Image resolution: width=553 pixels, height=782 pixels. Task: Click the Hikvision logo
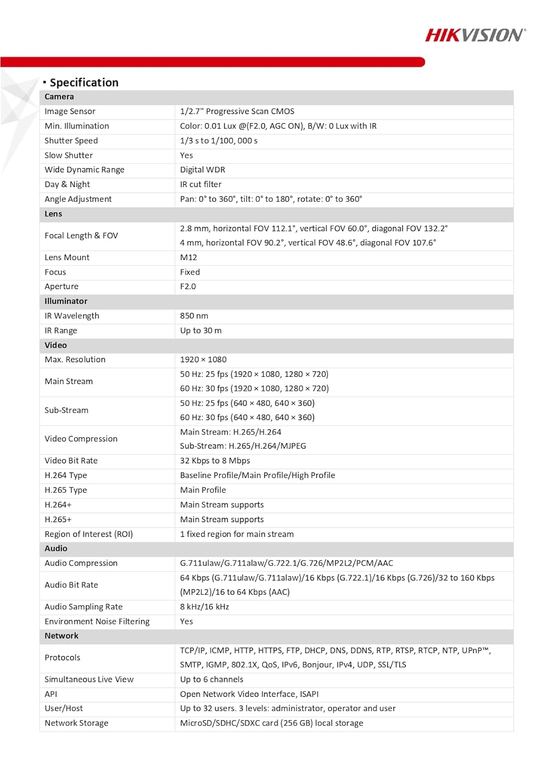475,35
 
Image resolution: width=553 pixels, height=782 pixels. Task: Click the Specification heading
83,82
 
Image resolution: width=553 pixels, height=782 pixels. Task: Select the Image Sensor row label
70,112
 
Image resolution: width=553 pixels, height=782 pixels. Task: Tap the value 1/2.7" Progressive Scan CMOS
237,112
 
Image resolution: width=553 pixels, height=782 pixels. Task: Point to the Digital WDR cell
203,170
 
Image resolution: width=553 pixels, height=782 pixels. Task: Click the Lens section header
53,214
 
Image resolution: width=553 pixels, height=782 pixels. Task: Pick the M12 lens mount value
189,258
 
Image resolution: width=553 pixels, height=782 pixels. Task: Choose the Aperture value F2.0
188,287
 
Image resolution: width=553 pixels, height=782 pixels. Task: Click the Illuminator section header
66,301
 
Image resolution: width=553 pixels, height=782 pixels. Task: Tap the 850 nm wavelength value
194,316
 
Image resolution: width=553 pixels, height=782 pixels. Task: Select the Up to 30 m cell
201,331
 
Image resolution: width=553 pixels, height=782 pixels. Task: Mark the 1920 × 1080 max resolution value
203,360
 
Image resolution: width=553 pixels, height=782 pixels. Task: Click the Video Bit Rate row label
71,461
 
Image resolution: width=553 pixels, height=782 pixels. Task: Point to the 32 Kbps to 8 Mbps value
215,461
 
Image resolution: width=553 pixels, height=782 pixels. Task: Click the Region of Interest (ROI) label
89,534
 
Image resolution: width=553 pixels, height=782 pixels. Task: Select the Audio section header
56,548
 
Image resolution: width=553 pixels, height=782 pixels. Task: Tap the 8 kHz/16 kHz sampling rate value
204,607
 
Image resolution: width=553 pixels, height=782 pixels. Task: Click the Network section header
62,636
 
